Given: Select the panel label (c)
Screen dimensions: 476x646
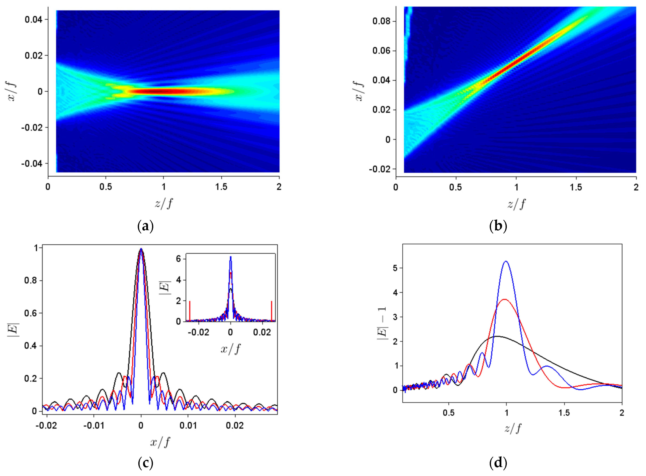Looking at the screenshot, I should pos(145,463).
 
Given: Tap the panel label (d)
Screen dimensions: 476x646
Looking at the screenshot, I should pos(498,463).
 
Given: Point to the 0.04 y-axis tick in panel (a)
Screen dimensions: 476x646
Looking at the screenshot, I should pos(33,20).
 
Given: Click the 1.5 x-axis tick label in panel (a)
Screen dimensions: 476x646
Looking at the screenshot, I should pos(221,187).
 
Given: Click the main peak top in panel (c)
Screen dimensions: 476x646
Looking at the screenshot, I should pos(141,249).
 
